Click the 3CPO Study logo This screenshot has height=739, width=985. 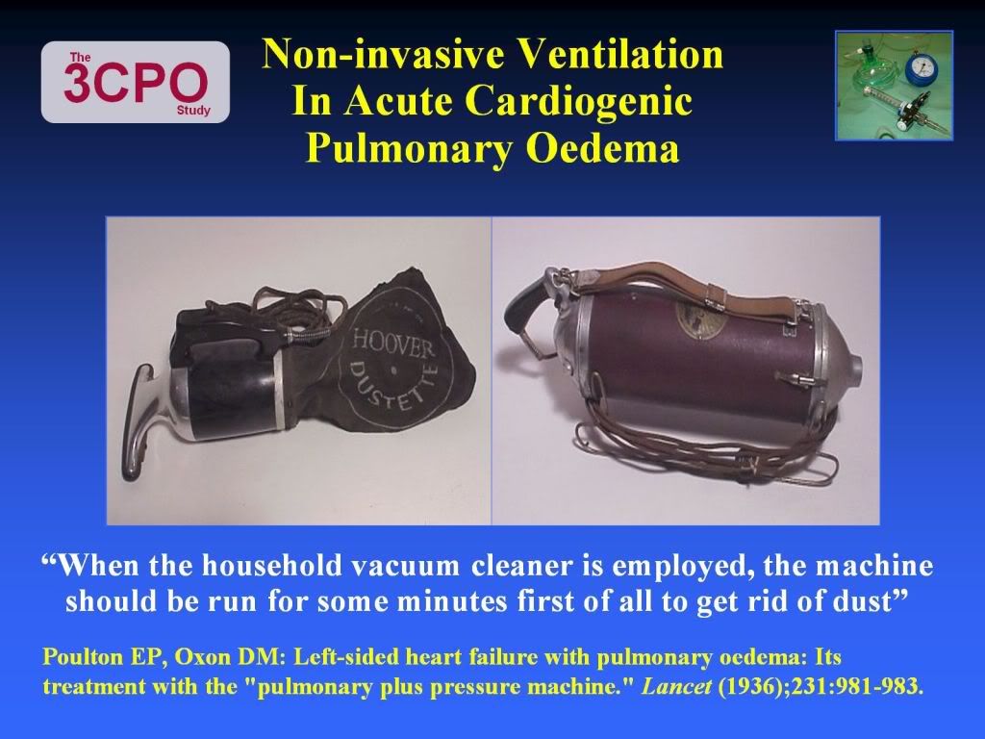pos(135,82)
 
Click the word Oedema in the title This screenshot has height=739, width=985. pos(602,148)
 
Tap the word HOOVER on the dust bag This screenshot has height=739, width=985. pos(393,345)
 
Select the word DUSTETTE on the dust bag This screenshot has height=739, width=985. pos(391,385)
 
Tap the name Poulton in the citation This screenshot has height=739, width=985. pos(83,656)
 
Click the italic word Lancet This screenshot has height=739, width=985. pos(676,685)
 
